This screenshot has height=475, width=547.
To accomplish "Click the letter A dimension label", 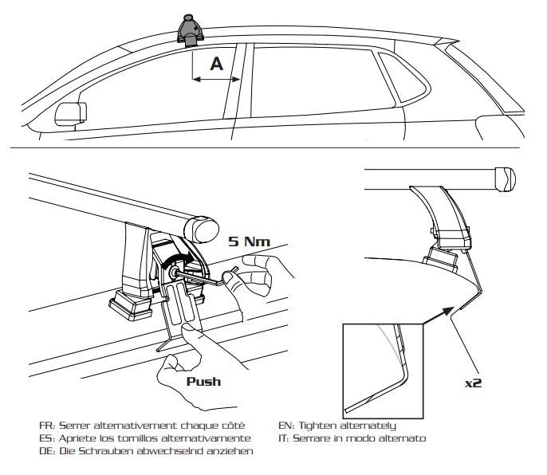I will point(215,65).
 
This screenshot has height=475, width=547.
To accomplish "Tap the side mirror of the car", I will point(69,113).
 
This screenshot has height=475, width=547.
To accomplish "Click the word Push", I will point(203,381).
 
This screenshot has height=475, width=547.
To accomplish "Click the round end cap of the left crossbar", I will point(203,229).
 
